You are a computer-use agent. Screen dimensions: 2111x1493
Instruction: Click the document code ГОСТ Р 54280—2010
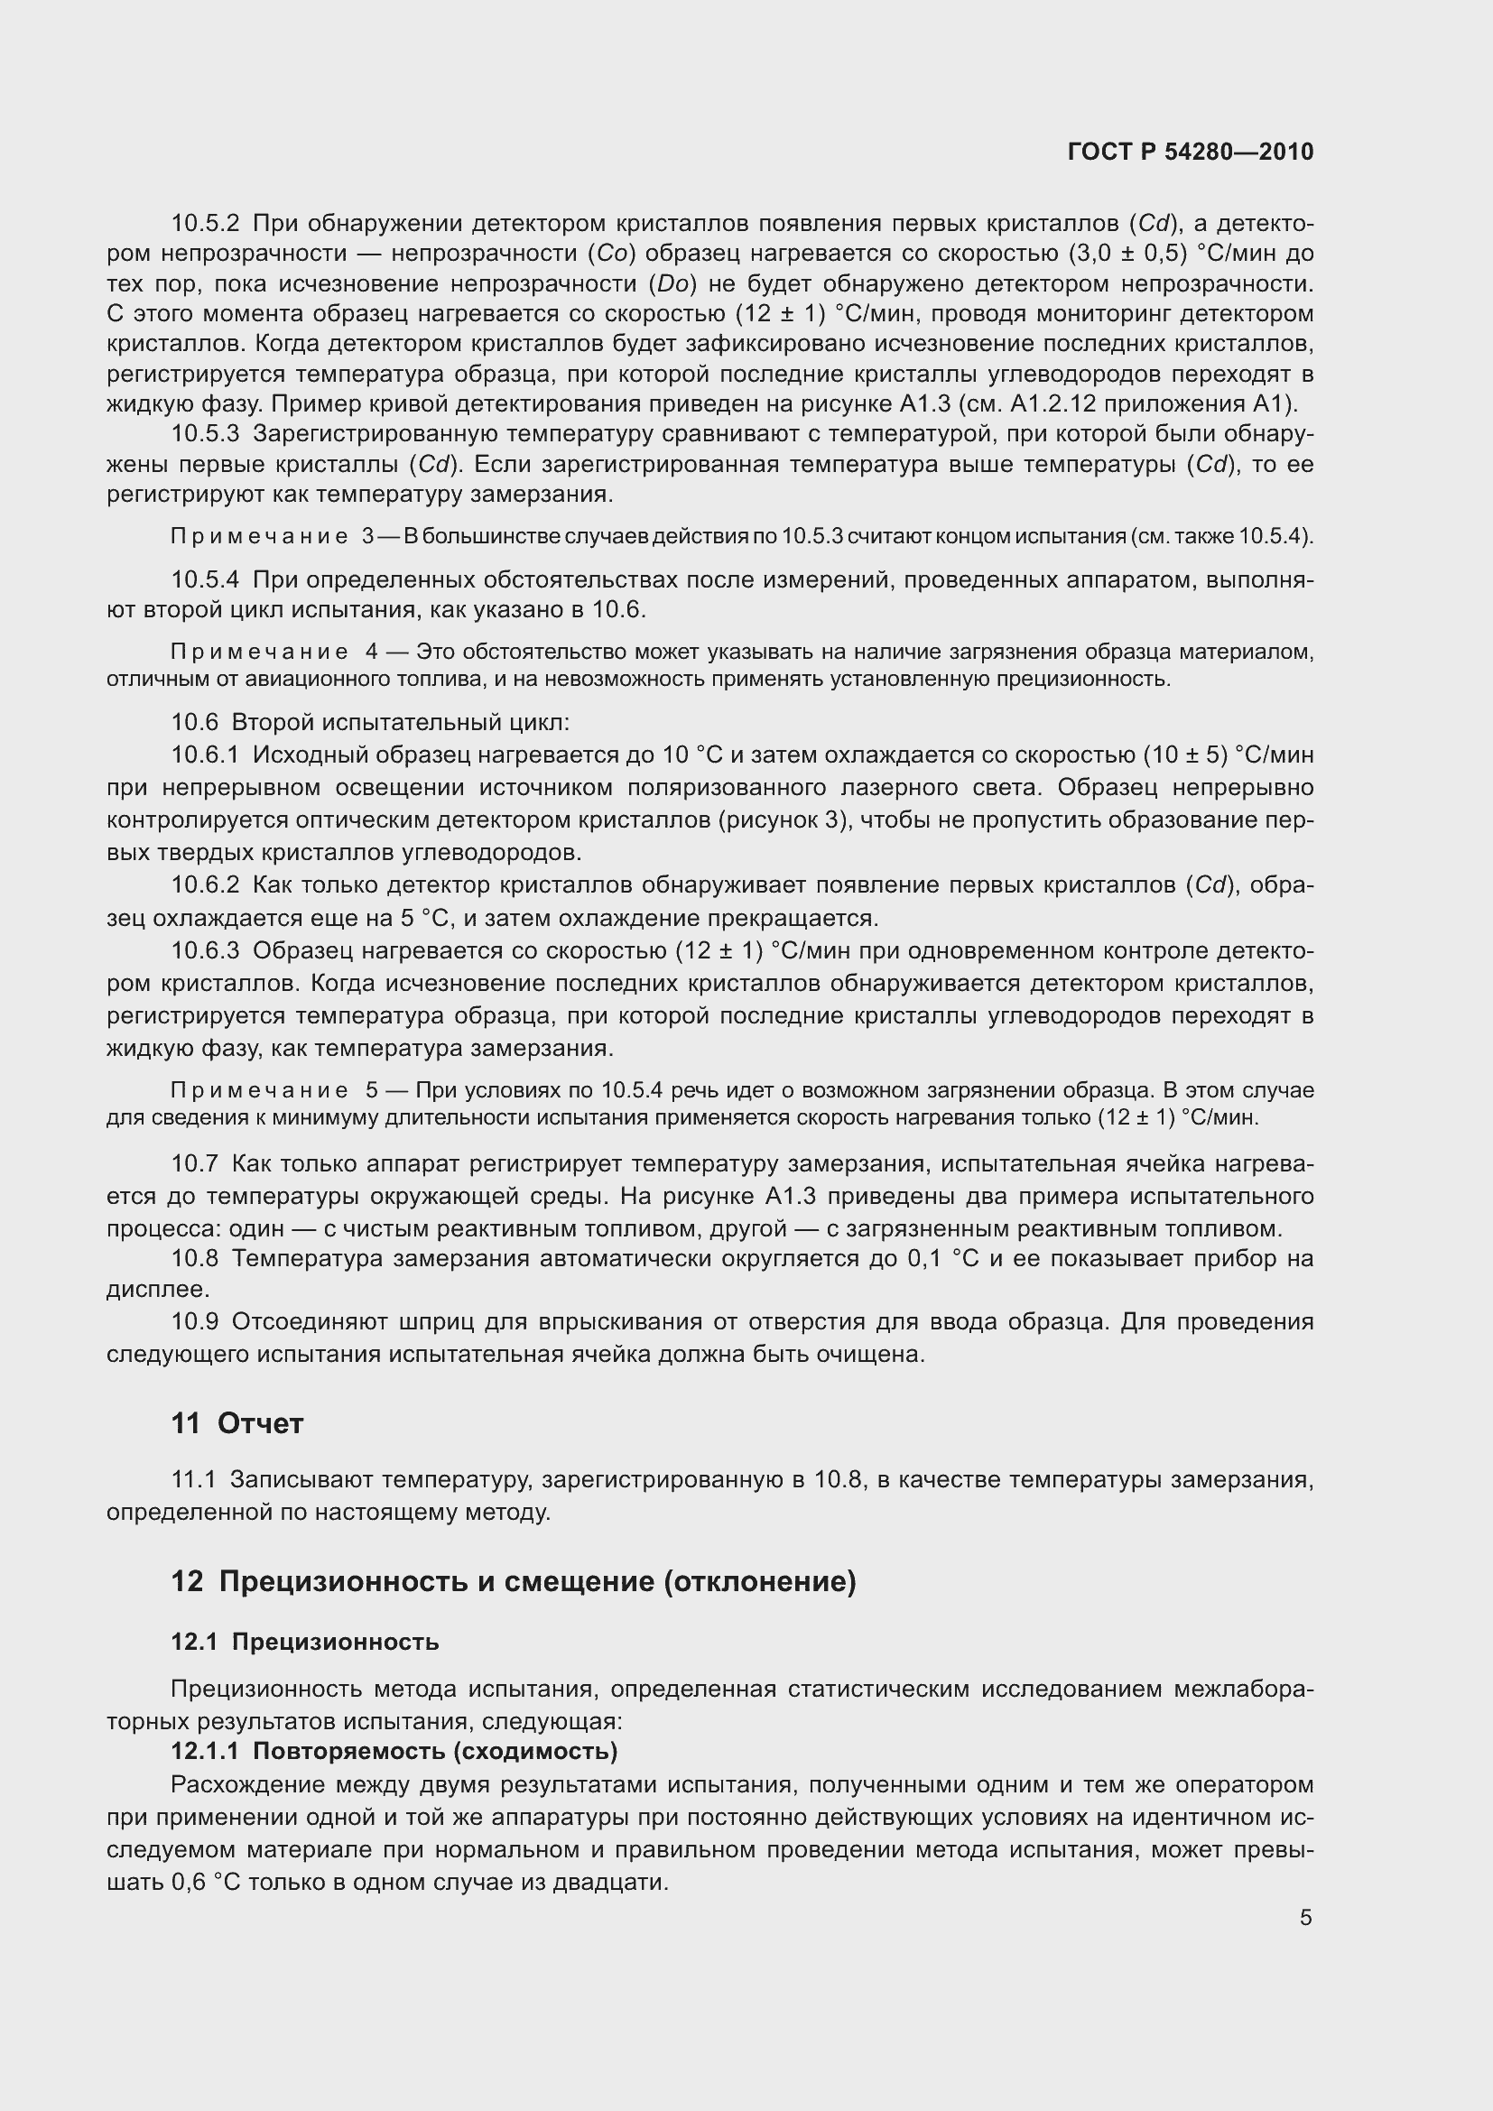pos(1191,152)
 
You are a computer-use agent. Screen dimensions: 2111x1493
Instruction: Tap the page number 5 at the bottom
pos(1305,1917)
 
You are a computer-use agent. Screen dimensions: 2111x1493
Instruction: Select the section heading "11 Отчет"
pos(237,1423)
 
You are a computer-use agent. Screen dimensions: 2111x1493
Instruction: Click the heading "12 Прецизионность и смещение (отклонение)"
pos(513,1581)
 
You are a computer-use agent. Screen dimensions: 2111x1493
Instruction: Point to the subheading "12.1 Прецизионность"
pos(304,1642)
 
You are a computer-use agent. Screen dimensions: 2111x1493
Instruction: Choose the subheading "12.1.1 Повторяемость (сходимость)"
pos(394,1751)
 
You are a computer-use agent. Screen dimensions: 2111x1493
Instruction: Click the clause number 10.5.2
pos(205,224)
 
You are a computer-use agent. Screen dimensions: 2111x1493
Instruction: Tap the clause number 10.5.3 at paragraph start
pos(205,434)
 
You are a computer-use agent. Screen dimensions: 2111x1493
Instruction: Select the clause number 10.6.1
pos(205,755)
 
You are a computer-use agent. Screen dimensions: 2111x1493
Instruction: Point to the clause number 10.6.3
pos(205,950)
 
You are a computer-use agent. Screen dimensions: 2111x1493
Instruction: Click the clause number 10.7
pos(194,1164)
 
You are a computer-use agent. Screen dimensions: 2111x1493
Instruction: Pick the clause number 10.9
pos(194,1322)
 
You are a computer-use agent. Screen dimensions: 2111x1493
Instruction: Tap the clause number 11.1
pos(193,1479)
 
